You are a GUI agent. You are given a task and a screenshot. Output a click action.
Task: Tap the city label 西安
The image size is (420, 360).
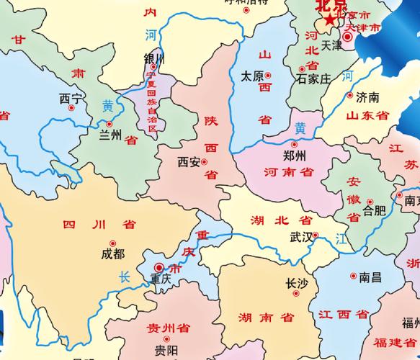tap(189, 163)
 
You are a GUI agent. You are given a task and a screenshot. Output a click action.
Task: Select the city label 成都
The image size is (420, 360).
tap(112, 254)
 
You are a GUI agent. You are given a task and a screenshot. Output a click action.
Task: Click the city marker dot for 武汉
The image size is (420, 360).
tap(316, 235)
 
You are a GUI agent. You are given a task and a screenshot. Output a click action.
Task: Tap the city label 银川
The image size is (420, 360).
tap(154, 58)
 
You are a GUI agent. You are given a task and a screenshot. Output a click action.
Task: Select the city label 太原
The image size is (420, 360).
tap(251, 75)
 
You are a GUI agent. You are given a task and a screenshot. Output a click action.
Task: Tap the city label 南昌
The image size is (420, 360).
tap(370, 276)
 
